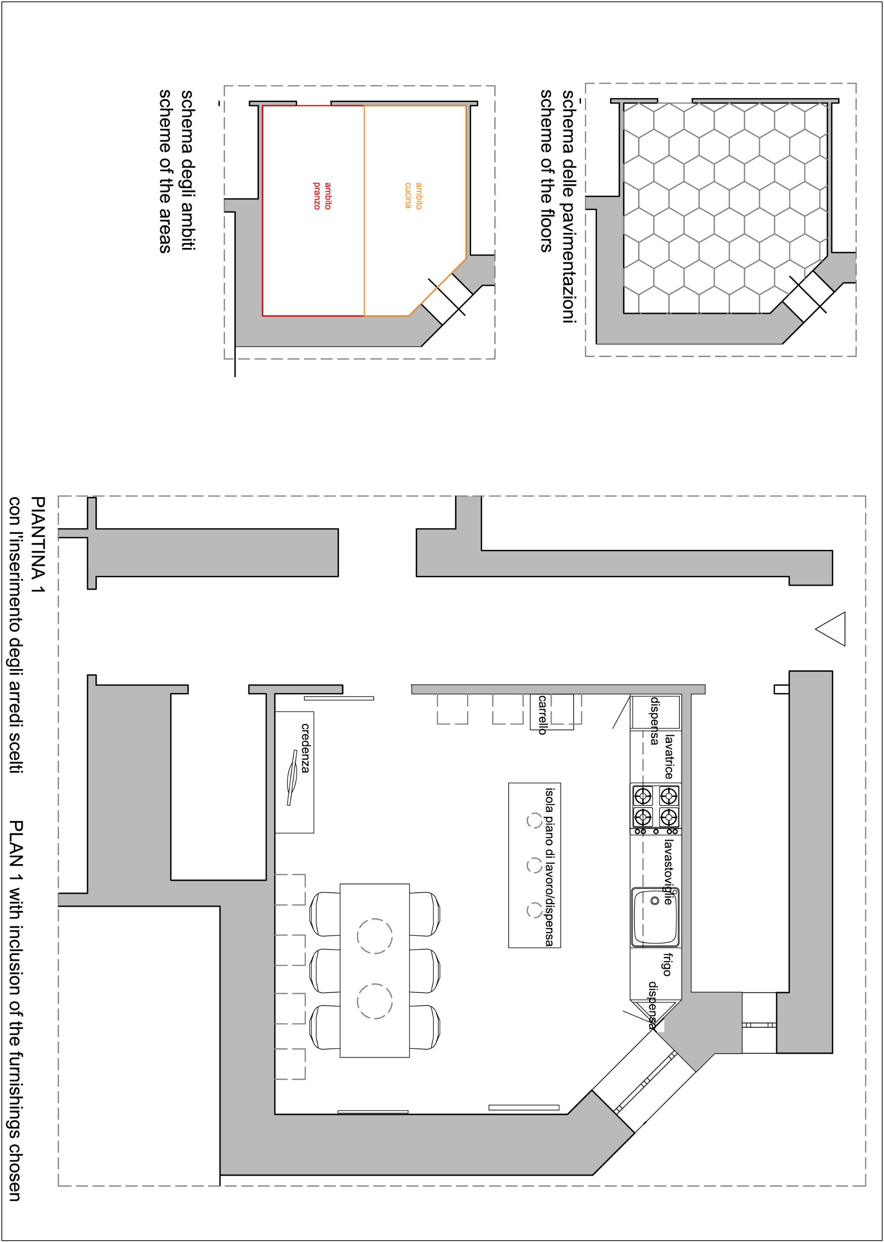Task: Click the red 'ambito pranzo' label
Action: click(322, 196)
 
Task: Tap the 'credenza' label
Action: click(305, 747)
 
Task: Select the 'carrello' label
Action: click(542, 715)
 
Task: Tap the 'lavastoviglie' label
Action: click(668, 872)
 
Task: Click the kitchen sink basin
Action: click(655, 917)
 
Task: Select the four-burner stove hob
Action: click(656, 809)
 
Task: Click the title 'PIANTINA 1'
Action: click(38, 544)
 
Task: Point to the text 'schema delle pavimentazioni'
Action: click(568, 207)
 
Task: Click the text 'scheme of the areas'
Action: click(165, 171)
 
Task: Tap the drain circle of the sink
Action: click(655, 901)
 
